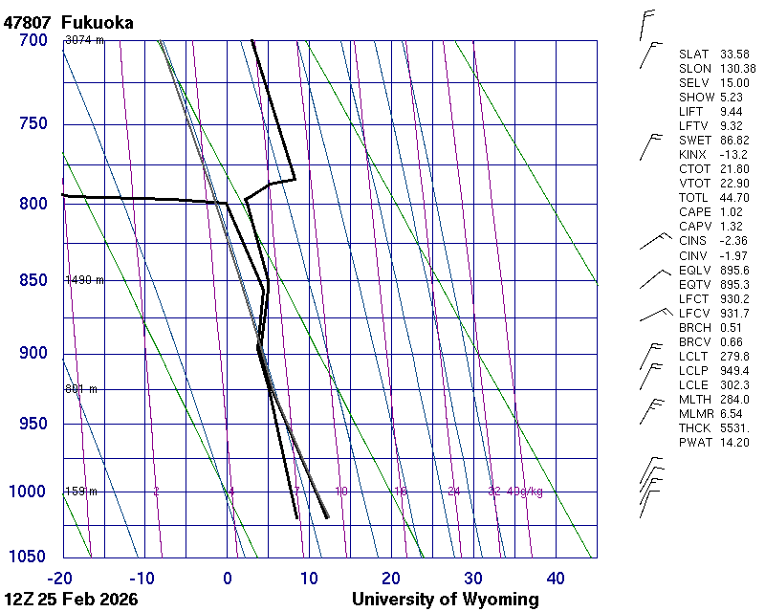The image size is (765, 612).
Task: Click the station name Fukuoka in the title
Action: click(x=97, y=22)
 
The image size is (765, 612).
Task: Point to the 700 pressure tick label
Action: click(x=33, y=40)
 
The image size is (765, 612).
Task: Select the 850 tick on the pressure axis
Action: click(x=33, y=281)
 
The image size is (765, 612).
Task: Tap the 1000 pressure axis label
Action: click(x=29, y=492)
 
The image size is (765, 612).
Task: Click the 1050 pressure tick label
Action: click(x=29, y=557)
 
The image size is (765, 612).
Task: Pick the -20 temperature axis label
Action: click(x=61, y=578)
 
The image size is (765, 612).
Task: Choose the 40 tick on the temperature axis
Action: click(x=556, y=578)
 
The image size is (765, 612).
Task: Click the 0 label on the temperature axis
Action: click(x=228, y=578)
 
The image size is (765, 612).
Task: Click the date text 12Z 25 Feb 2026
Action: click(x=71, y=600)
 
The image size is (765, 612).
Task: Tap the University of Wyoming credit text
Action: click(x=446, y=600)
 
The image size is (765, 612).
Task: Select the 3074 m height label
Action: click(x=84, y=40)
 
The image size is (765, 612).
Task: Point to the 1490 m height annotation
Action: click(x=84, y=280)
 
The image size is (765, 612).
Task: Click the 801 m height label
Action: click(x=81, y=389)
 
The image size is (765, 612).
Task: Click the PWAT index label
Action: click(x=694, y=442)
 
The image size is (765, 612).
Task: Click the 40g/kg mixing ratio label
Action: click(x=526, y=492)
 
